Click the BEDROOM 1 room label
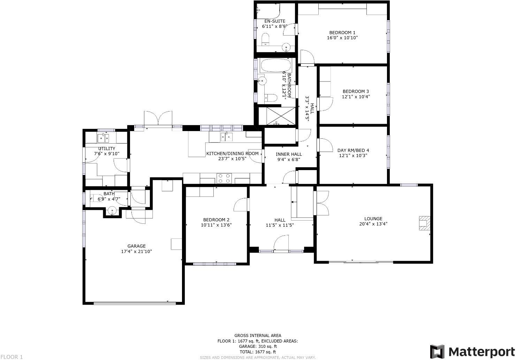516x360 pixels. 342,33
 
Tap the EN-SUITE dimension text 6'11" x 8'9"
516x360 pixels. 274,26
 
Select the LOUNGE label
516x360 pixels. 373,219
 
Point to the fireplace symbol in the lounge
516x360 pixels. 424,223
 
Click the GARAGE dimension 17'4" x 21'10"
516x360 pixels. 136,251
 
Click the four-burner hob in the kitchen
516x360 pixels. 225,178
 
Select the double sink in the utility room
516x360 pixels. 103,138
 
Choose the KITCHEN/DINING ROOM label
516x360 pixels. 232,153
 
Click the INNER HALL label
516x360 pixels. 289,154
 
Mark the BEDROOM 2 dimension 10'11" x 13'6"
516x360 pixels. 216,225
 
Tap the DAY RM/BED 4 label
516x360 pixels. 353,150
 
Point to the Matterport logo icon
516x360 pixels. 437,351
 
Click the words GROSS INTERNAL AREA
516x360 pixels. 257,336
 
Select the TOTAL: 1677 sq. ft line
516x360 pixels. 257,352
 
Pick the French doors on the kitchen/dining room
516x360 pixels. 158,118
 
